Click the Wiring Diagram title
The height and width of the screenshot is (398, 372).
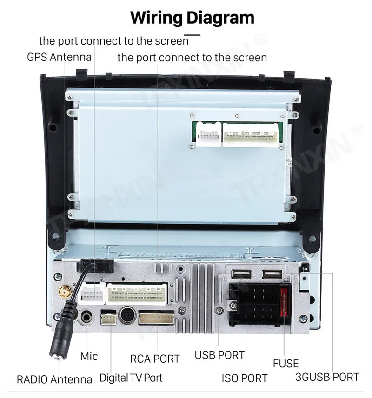192,18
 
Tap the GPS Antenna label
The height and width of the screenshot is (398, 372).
59,58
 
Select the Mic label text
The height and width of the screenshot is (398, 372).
89,356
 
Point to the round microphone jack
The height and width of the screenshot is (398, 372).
87,318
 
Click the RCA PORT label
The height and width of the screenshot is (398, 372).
155,359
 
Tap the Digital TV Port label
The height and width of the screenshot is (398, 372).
131,378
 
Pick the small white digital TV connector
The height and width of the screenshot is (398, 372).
108,319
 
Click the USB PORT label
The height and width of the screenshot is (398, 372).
219,355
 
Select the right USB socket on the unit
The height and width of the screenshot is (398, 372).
272,274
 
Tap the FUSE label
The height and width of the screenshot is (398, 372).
286,363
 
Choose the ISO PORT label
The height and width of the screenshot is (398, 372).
245,378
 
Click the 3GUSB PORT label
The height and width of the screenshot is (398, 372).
327,377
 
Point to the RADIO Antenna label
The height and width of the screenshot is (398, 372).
54,379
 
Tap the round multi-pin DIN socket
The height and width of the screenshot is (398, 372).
127,316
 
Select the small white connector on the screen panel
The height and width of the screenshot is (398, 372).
208,135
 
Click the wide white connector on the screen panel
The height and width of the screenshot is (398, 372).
251,135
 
